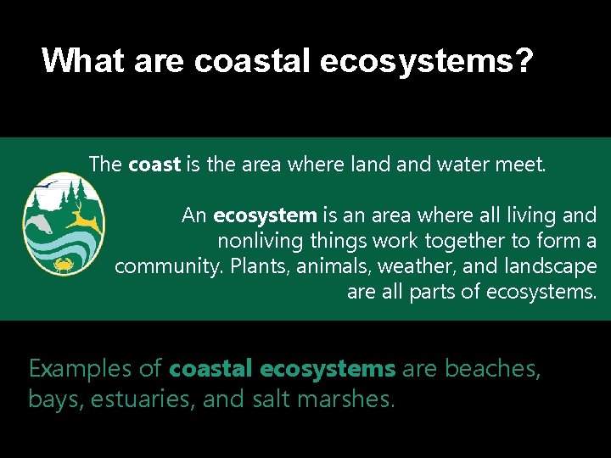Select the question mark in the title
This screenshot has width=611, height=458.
pos(524,60)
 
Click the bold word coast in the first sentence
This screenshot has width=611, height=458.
pos(154,165)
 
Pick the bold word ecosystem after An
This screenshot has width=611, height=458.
pos(265,215)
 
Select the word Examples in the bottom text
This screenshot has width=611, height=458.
pos(81,369)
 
